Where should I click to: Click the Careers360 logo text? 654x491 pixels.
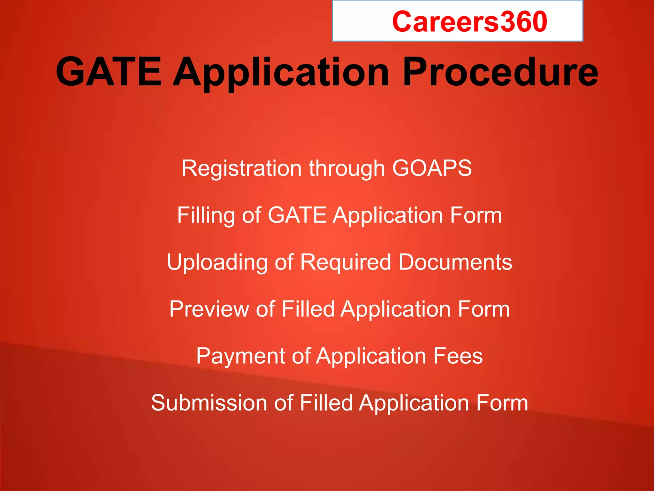tap(469, 22)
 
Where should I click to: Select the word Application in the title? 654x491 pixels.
tap(281, 73)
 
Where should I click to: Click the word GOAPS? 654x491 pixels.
tap(432, 168)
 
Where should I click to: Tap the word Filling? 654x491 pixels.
tap(206, 215)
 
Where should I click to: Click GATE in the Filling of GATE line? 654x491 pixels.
tap(297, 215)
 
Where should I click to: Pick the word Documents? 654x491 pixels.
tap(455, 262)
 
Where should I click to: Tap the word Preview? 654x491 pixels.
tap(209, 309)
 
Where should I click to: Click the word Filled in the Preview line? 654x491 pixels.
tap(308, 309)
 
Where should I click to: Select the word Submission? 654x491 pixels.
tap(209, 403)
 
